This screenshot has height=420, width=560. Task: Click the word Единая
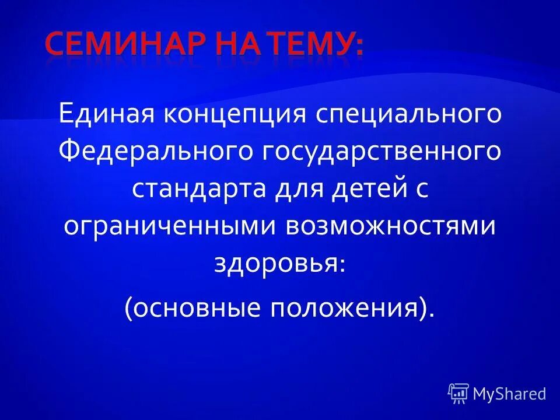(x=106, y=114)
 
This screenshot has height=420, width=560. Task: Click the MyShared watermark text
(x=510, y=394)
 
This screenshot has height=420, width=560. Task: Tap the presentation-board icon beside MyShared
(x=459, y=393)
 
